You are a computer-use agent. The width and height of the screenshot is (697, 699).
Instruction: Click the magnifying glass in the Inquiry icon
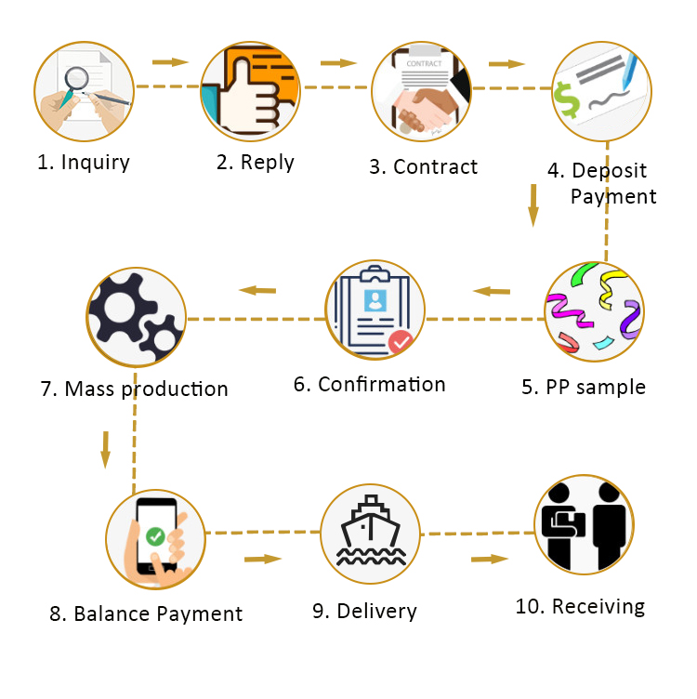[74, 84]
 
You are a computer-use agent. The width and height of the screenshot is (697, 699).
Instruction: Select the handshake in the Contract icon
[427, 110]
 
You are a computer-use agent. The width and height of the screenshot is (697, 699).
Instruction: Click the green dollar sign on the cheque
[566, 100]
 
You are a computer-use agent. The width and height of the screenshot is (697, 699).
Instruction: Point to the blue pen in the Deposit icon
[630, 71]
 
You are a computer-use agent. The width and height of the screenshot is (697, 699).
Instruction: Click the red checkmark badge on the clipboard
[401, 342]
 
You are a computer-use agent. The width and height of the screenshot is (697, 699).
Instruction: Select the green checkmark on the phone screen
[155, 535]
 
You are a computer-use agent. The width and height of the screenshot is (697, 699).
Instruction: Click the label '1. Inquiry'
[84, 162]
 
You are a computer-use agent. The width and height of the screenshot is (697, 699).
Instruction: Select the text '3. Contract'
[423, 167]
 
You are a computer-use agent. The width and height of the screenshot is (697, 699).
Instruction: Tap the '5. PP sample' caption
[584, 387]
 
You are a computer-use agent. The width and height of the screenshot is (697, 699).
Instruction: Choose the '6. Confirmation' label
[370, 384]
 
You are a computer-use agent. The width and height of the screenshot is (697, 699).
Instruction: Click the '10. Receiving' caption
[580, 607]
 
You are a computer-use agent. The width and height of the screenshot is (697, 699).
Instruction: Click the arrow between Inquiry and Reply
[170, 62]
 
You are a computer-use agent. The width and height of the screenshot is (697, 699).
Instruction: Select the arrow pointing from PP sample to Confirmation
[492, 292]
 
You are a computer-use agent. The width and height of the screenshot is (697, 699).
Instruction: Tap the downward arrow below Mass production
[106, 450]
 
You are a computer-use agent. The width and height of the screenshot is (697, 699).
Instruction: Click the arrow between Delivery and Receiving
[490, 559]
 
